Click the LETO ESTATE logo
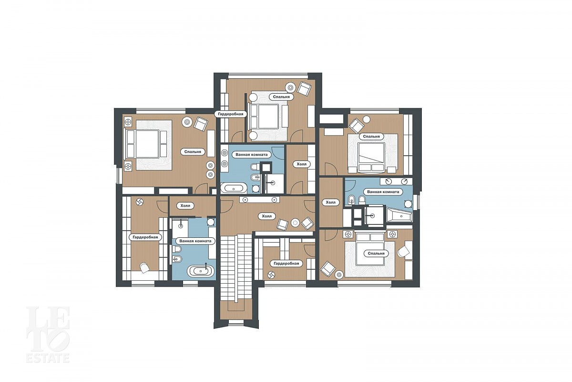(48, 335)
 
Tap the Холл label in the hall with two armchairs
(267, 216)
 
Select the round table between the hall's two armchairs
(296, 223)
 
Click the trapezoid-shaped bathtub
(399, 215)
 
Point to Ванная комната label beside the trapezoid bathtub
(383, 191)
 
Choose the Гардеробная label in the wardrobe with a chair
(145, 237)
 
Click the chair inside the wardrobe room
(144, 267)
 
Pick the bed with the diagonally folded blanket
(371, 157)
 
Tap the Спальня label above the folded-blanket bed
(371, 137)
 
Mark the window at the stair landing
(236, 322)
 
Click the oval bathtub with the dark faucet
(201, 271)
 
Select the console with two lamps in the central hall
(259, 200)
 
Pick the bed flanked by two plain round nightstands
(268, 117)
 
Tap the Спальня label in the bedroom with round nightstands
(281, 97)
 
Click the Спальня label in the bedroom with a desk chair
(376, 253)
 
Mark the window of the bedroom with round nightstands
(268, 74)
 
